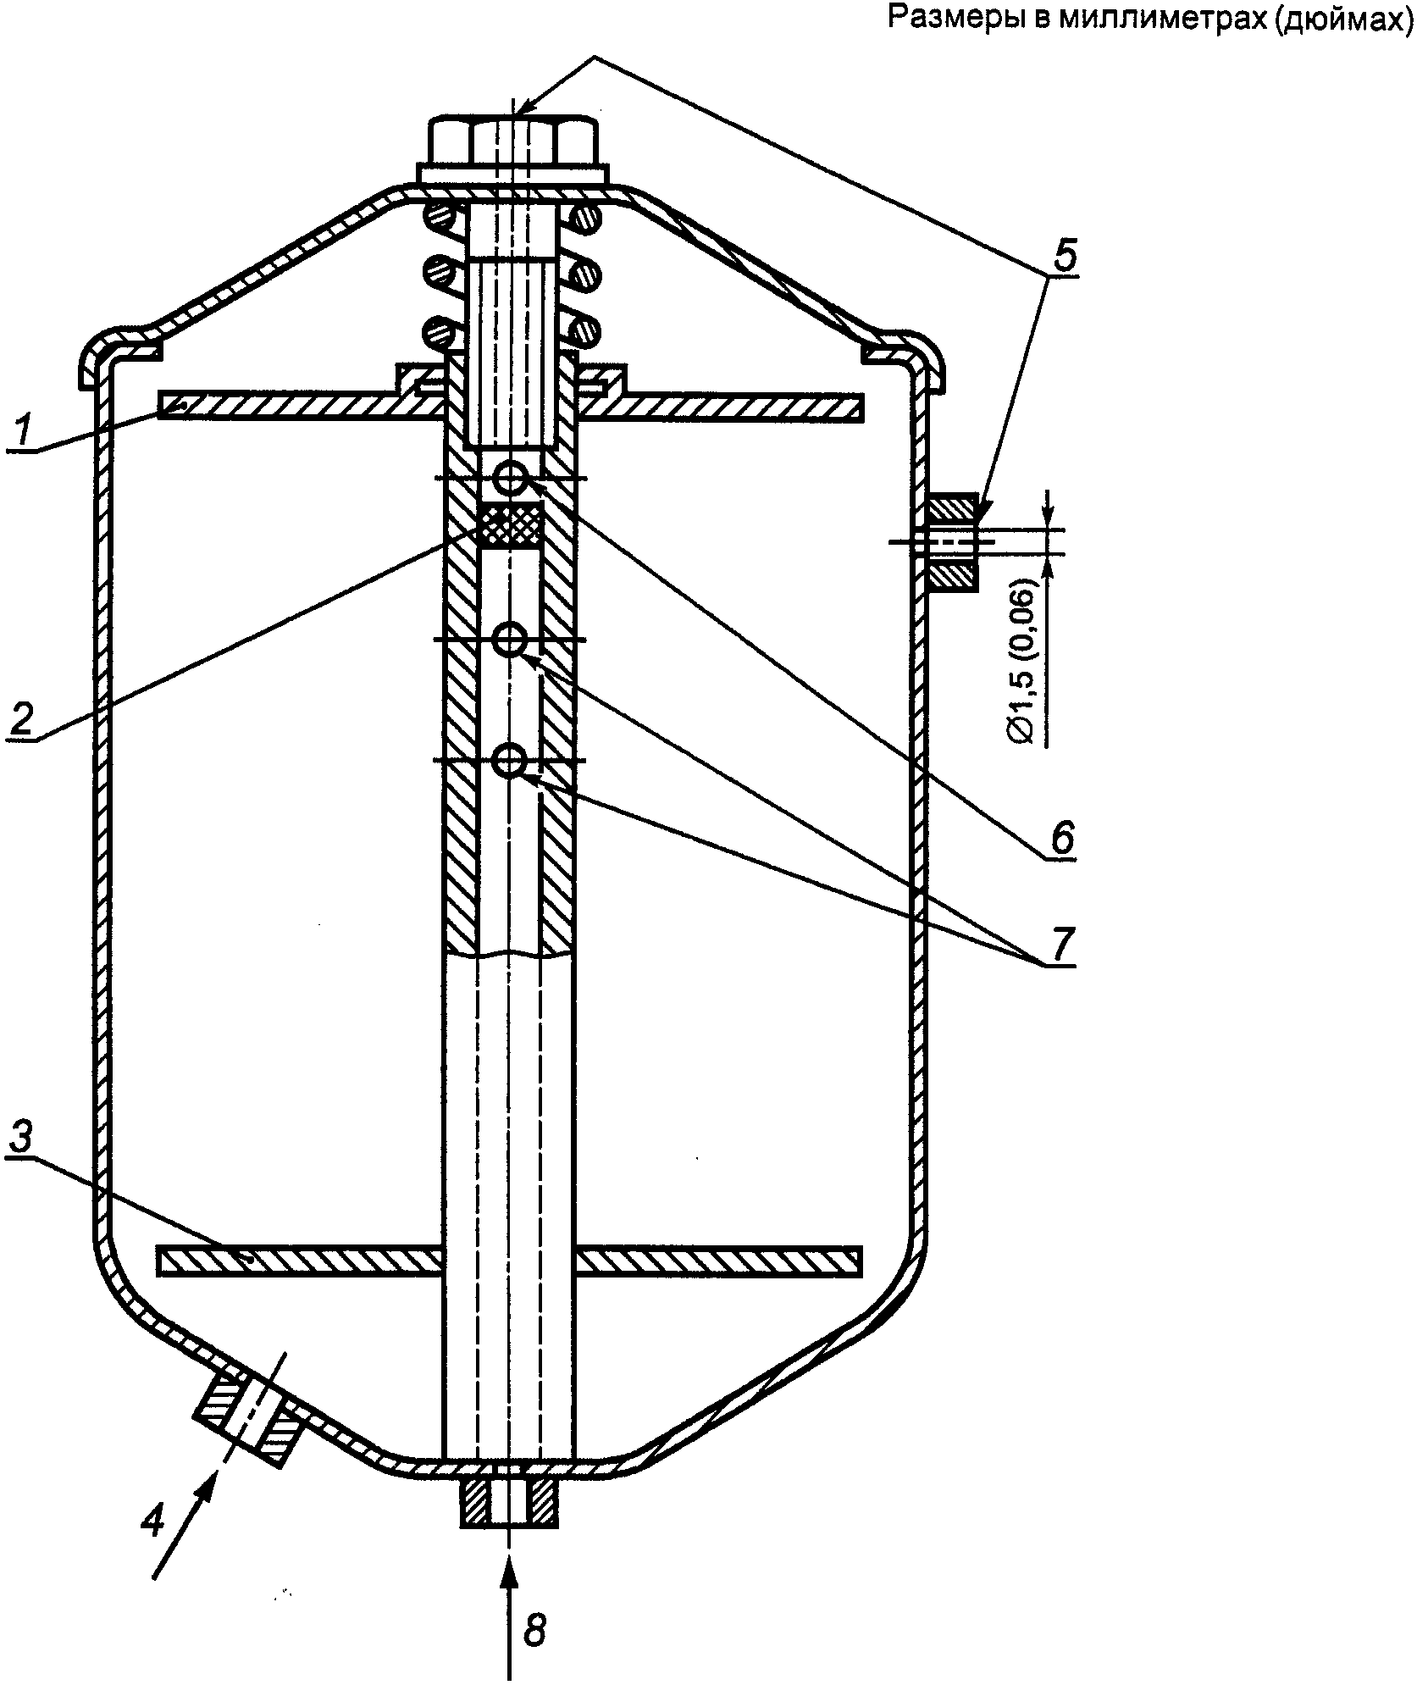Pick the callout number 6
point(1061,838)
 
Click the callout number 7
point(1061,944)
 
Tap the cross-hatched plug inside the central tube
point(510,524)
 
